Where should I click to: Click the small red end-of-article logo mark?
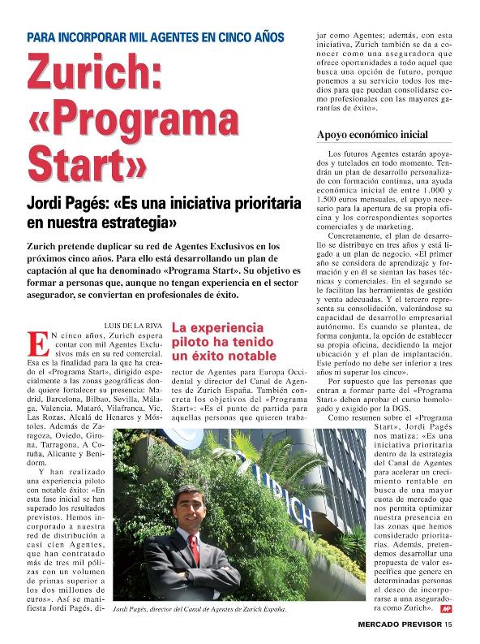point(446,607)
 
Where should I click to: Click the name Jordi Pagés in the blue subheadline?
point(70,202)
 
